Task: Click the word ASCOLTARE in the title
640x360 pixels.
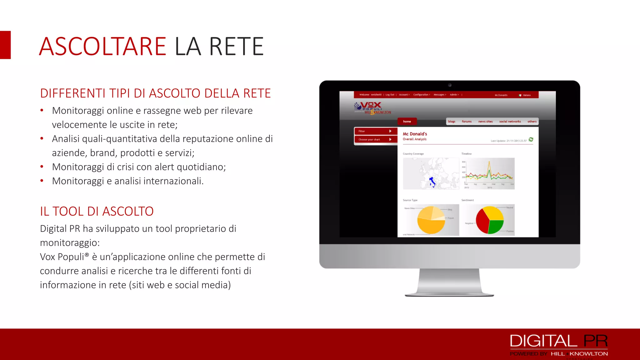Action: pyautogui.click(x=102, y=47)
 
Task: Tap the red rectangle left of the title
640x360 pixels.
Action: pyautogui.click(x=5, y=45)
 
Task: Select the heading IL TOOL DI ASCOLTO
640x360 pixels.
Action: pyautogui.click(x=97, y=212)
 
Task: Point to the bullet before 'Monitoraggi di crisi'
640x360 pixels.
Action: pyautogui.click(x=42, y=167)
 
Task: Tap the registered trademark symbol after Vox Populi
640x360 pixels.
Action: pyautogui.click(x=87, y=255)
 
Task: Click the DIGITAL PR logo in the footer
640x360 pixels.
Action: pyautogui.click(x=559, y=341)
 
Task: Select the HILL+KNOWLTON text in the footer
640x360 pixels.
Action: pyautogui.click(x=579, y=354)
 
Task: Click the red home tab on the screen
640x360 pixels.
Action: pyautogui.click(x=407, y=121)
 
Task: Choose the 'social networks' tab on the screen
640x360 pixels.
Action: pyautogui.click(x=510, y=122)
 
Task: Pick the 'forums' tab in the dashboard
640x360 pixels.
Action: pyautogui.click(x=467, y=122)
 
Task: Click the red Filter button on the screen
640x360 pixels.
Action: pyautogui.click(x=375, y=131)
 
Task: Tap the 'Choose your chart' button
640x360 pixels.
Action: pyautogui.click(x=375, y=140)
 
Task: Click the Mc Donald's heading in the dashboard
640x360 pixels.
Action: pyautogui.click(x=415, y=134)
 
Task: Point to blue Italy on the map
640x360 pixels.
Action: pyautogui.click(x=432, y=182)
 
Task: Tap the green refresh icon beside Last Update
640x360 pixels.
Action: pyautogui.click(x=531, y=139)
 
